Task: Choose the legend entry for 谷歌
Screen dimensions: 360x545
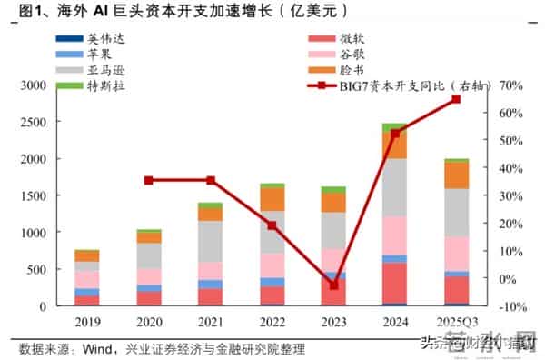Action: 350,54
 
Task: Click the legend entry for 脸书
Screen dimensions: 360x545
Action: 350,70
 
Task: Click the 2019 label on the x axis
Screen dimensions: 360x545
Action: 87,322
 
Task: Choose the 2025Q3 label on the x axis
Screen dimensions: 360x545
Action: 456,322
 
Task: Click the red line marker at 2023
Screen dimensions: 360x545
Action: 332,285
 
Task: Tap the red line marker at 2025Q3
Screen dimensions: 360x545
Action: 456,99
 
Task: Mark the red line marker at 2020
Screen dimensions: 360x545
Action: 149,181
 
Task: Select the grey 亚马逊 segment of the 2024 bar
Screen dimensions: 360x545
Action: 394,187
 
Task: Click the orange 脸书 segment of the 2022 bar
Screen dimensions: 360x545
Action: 272,199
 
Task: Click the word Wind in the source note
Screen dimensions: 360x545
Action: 99,348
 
